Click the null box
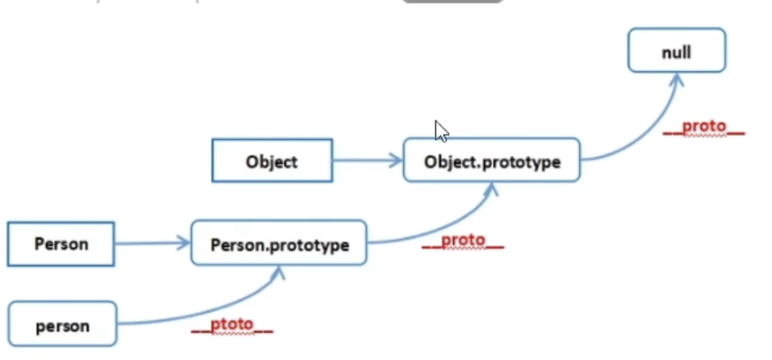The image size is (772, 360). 676,51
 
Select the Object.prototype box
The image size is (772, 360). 491,160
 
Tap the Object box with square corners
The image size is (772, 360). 272,160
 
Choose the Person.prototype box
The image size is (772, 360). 279,243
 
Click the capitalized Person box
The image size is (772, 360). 61,243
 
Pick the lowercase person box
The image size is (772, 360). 62,326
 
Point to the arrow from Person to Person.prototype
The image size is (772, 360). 151,243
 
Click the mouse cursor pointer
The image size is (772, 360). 441,131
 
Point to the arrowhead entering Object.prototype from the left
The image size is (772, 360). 397,160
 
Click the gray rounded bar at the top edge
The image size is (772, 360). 452,2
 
